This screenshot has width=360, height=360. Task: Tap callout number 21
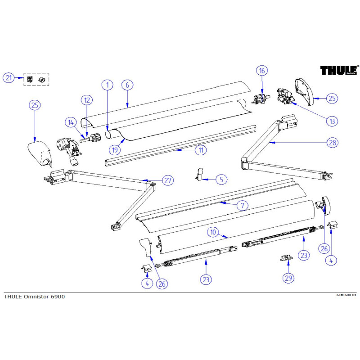click(x=9, y=78)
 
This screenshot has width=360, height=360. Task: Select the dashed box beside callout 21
click(x=37, y=79)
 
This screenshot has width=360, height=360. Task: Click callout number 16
click(x=262, y=71)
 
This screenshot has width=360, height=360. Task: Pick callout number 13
click(x=332, y=121)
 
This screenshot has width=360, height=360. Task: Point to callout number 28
click(x=332, y=143)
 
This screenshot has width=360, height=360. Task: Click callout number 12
click(x=87, y=100)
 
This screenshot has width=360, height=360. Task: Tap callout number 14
click(x=70, y=121)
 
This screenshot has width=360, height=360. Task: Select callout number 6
click(x=127, y=85)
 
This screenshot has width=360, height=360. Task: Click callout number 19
click(x=114, y=149)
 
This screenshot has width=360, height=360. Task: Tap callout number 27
click(x=167, y=180)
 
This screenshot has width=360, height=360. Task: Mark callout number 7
click(x=242, y=206)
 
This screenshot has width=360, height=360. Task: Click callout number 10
click(x=213, y=233)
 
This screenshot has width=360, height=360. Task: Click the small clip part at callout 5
click(x=200, y=174)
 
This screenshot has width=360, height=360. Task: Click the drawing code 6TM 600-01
click(x=346, y=295)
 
